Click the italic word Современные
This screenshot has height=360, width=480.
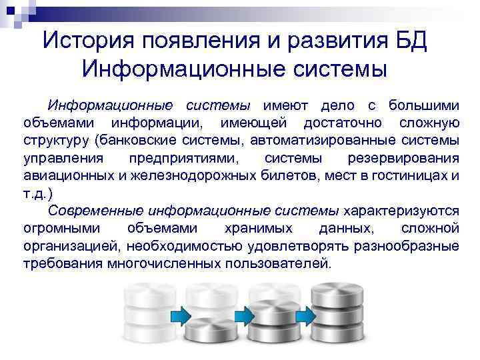(x=97, y=211)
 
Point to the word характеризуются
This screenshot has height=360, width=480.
(x=401, y=211)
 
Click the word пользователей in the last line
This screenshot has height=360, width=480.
(x=281, y=263)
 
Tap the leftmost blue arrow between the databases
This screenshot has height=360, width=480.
(x=179, y=314)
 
